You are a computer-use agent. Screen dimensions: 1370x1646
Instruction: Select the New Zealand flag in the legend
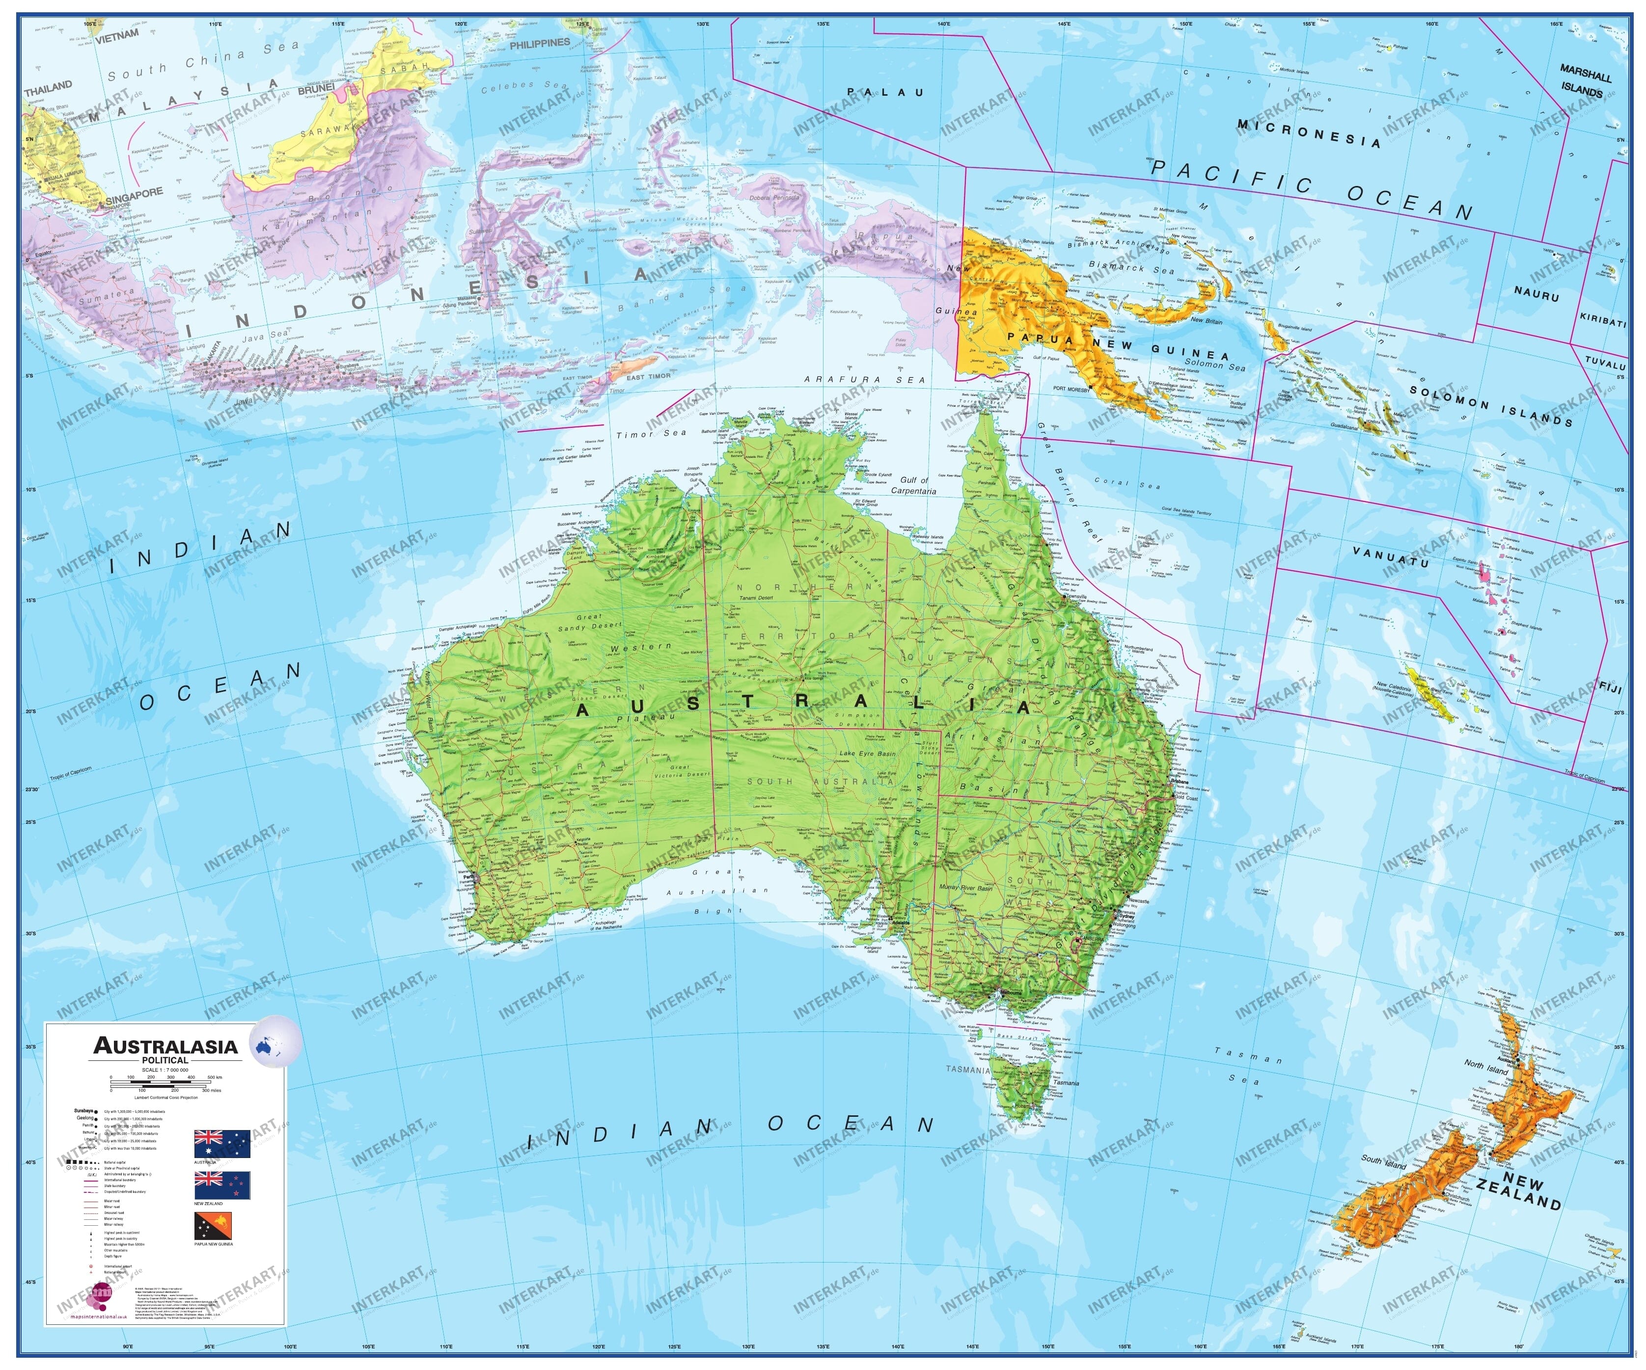(222, 1185)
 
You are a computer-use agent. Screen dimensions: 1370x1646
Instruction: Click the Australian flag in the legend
(222, 1144)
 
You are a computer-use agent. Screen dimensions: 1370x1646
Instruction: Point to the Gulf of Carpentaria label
(913, 486)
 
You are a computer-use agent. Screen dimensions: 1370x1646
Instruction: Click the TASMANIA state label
(968, 1069)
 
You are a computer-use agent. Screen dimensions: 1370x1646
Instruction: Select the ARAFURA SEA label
(865, 380)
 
